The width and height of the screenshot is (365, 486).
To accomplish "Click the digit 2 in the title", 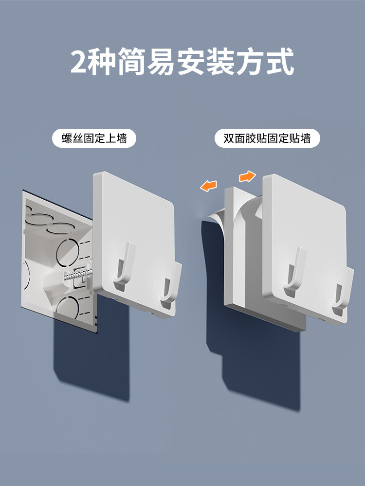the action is tap(78, 62).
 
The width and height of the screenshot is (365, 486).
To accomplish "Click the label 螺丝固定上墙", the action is tap(94, 138).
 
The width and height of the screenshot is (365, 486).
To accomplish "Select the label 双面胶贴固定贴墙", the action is tap(267, 138).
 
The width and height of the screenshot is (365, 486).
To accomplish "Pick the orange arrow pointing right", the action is tap(247, 176).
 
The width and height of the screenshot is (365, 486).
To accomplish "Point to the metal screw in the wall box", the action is tap(78, 274).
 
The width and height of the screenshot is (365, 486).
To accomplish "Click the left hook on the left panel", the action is tap(124, 266).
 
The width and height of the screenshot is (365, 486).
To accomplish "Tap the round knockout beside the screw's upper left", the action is tap(67, 252).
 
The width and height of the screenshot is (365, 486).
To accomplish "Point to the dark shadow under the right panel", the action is tap(261, 366).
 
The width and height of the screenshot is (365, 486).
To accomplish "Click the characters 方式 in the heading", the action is tap(265, 61).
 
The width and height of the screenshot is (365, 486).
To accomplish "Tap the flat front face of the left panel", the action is tap(133, 223).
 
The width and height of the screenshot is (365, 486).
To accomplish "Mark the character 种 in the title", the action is tap(101, 61).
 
